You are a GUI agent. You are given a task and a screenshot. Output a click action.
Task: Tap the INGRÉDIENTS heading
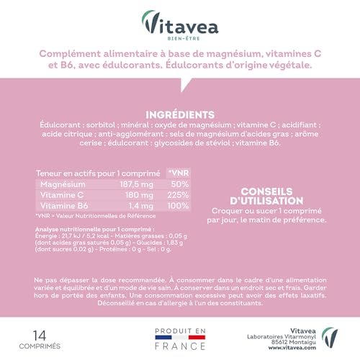click(180, 115)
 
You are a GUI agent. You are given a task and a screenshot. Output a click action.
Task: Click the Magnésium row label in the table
click(63, 185)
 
